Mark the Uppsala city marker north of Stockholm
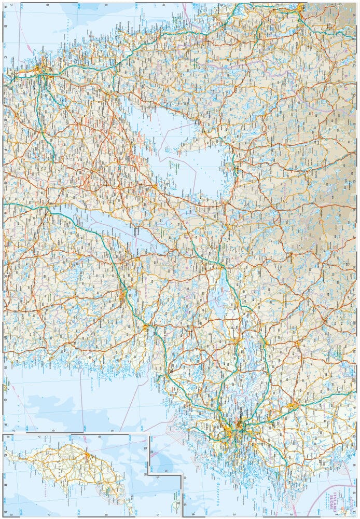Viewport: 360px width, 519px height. click(294, 406)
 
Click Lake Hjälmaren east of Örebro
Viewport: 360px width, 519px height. click(218, 301)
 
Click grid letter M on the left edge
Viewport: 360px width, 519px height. click(5, 337)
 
